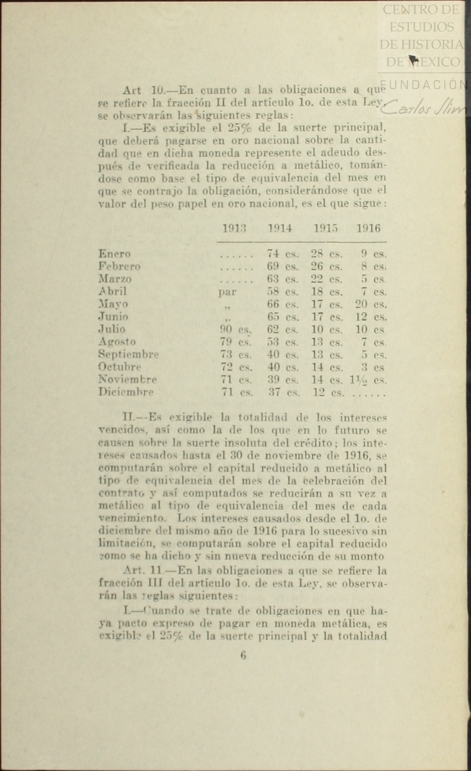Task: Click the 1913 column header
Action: coord(234,229)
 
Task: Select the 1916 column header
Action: coord(368,229)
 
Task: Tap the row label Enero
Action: coord(114,254)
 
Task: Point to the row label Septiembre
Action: coord(128,355)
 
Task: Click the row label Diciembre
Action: coord(126,392)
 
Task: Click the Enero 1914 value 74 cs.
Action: coord(282,254)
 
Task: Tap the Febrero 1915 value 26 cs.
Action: coord(327,267)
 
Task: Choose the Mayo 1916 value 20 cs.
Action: coord(370,305)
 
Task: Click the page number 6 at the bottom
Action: coord(243,656)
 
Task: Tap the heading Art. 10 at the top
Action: coord(142,91)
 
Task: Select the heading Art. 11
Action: coord(143,571)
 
